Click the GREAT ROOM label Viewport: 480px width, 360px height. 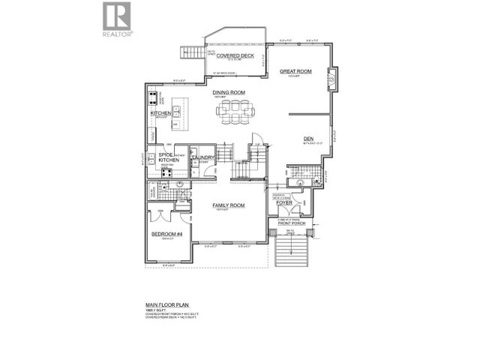pos(295,72)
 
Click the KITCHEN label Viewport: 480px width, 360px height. pos(161,113)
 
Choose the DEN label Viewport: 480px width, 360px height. pos(308,139)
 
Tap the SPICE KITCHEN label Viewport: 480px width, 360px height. pos(166,160)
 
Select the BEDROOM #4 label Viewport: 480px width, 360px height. pos(166,235)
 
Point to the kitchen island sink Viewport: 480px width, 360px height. pos(177,112)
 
